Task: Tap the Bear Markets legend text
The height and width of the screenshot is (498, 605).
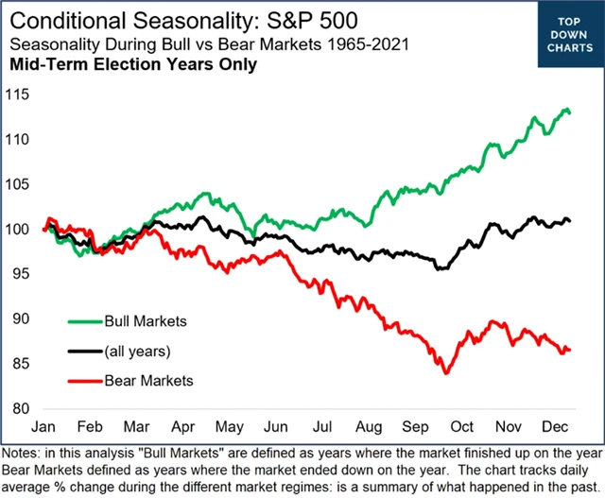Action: pos(148,381)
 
